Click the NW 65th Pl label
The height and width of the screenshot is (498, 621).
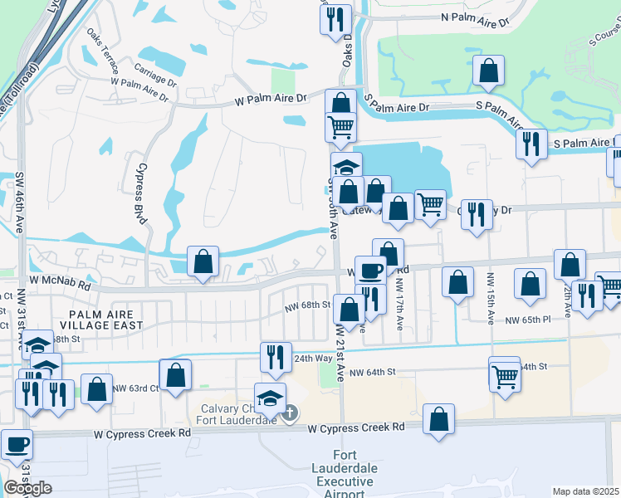click(528, 320)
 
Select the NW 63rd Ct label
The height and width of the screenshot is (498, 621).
click(135, 388)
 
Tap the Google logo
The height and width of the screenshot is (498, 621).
click(27, 488)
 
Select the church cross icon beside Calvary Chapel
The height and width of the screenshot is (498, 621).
click(288, 413)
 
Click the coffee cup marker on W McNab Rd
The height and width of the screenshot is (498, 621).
click(370, 270)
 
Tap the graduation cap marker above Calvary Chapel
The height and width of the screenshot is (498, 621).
click(271, 398)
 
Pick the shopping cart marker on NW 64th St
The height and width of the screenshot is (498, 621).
click(505, 375)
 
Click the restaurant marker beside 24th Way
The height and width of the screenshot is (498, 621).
click(276, 357)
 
